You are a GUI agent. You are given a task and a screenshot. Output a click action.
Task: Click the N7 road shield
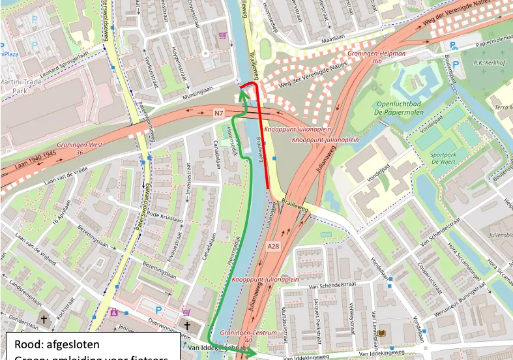[219, 113]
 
